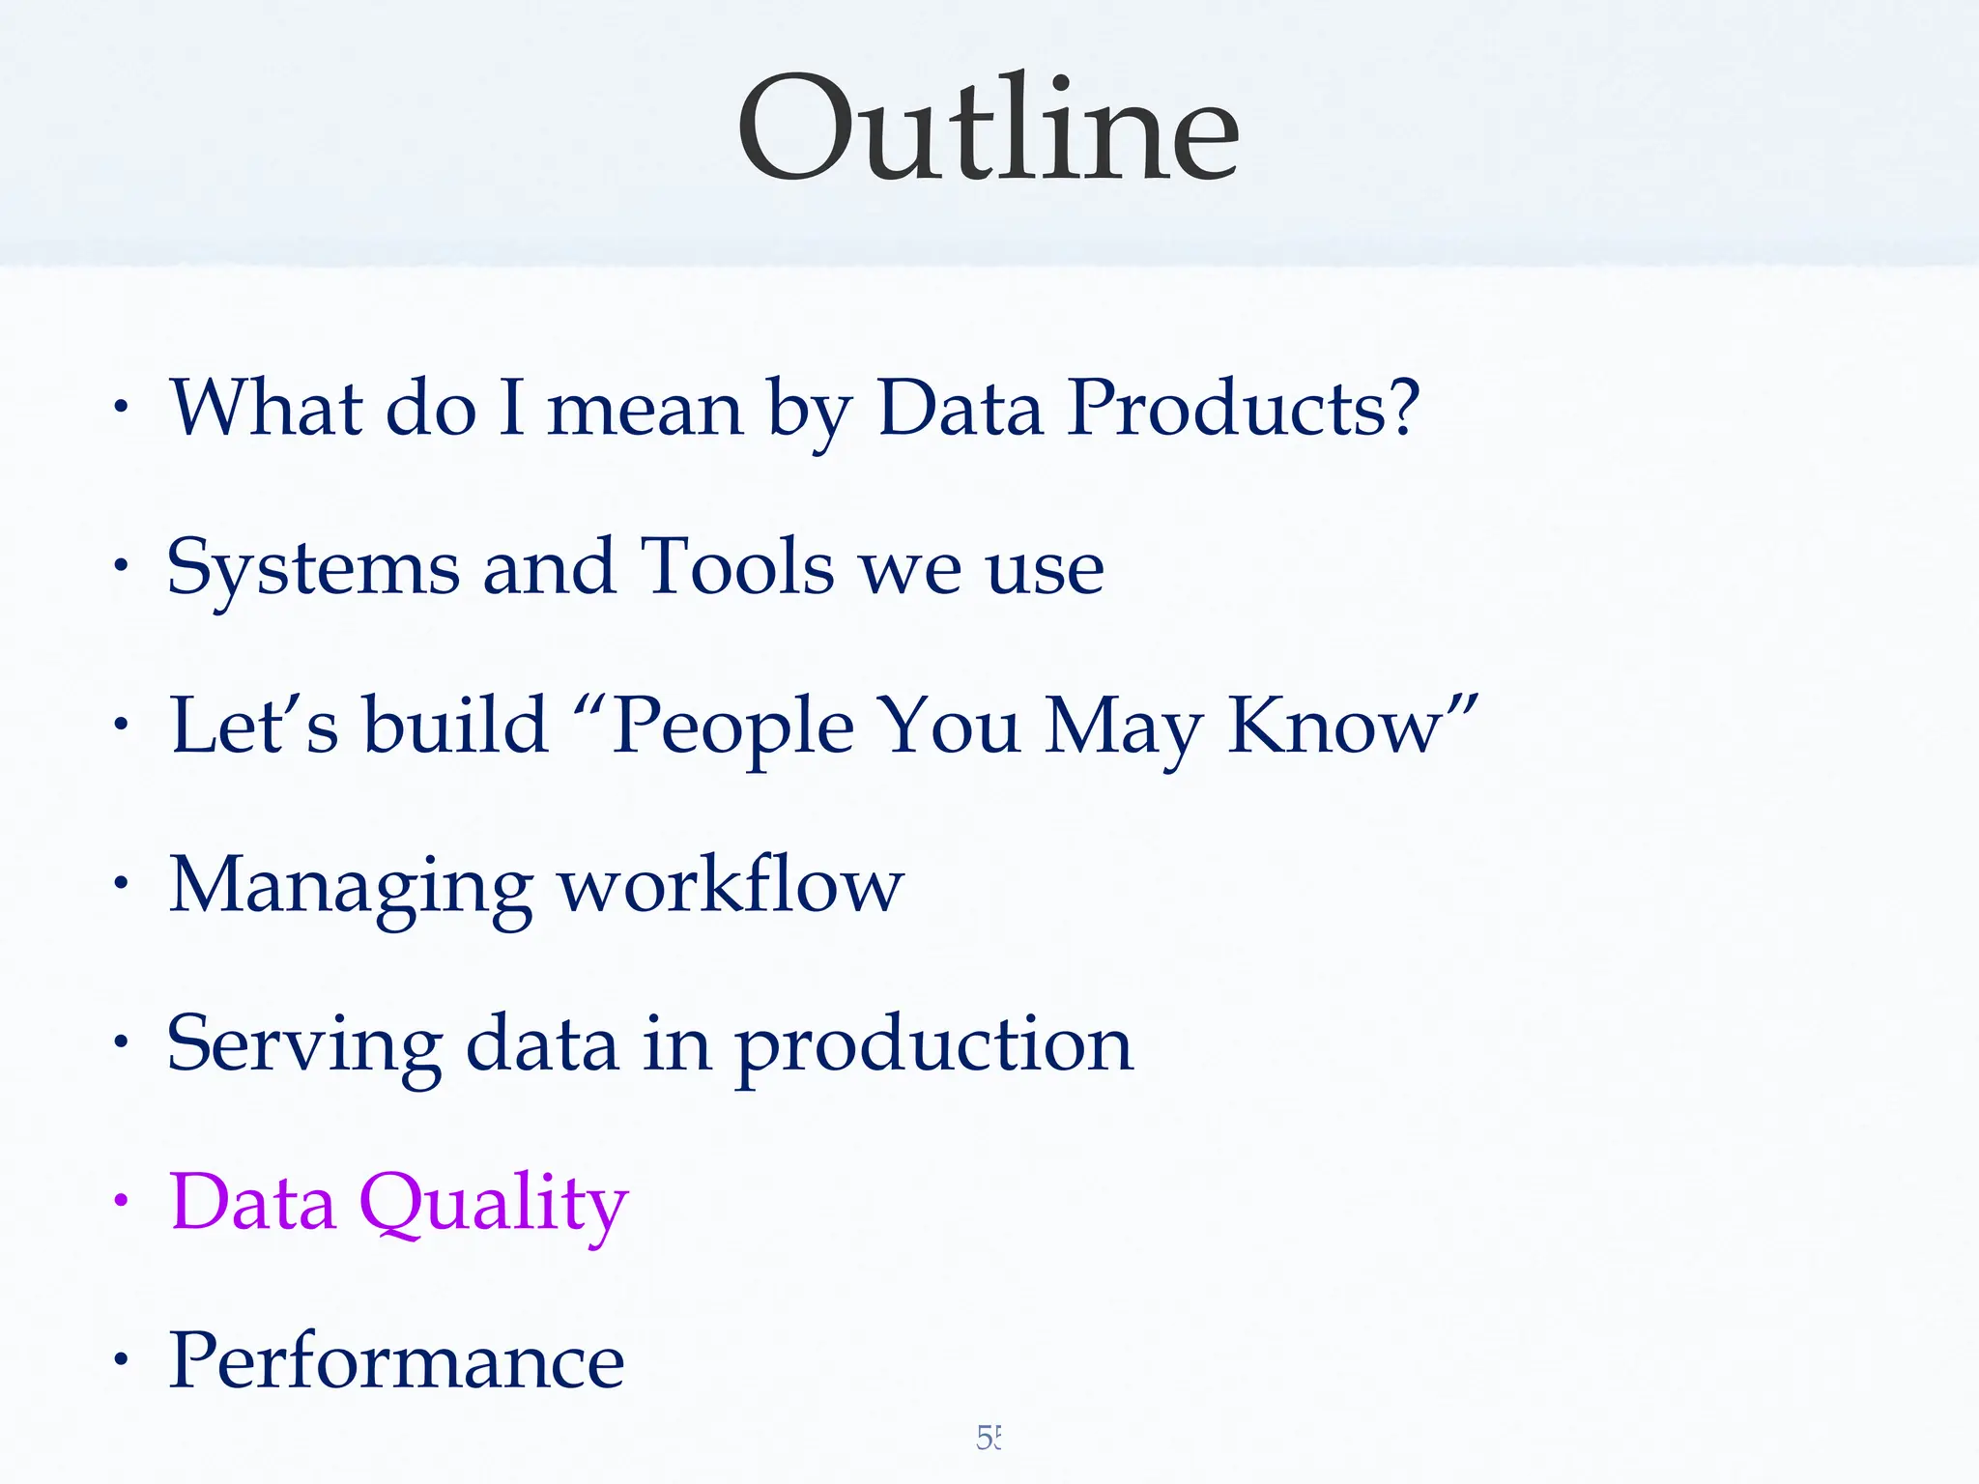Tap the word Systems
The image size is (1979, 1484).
(312, 568)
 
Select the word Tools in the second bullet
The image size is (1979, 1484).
(737, 568)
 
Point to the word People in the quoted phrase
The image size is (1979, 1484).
(732, 727)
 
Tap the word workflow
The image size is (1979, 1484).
(731, 885)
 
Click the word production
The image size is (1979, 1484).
(933, 1044)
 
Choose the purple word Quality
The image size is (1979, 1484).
(494, 1203)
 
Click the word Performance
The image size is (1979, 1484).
(397, 1361)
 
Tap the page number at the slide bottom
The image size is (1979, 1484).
(989, 1438)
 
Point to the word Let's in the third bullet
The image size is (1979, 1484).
(254, 727)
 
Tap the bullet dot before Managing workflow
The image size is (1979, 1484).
(120, 883)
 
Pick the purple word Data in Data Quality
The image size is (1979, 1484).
(253, 1203)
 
